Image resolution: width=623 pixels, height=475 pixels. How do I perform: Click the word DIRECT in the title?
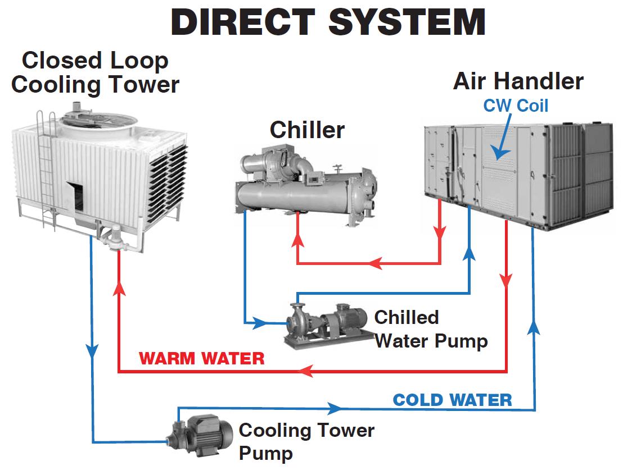(x=243, y=22)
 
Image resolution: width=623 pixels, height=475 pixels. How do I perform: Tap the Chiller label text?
(x=307, y=130)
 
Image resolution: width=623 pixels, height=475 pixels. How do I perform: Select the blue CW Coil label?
(x=516, y=105)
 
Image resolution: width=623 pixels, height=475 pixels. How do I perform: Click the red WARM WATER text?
(x=202, y=358)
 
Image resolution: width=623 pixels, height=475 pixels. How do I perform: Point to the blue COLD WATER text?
(x=452, y=400)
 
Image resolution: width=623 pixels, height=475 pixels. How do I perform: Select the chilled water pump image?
(x=325, y=323)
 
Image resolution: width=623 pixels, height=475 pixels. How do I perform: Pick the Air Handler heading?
(x=518, y=81)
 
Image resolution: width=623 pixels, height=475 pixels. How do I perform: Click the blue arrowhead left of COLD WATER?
(x=335, y=407)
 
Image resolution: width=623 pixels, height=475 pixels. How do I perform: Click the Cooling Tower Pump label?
(x=306, y=441)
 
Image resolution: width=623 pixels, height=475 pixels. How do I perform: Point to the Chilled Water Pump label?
(x=431, y=328)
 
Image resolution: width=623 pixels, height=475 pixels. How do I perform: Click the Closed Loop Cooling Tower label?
(x=95, y=72)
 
